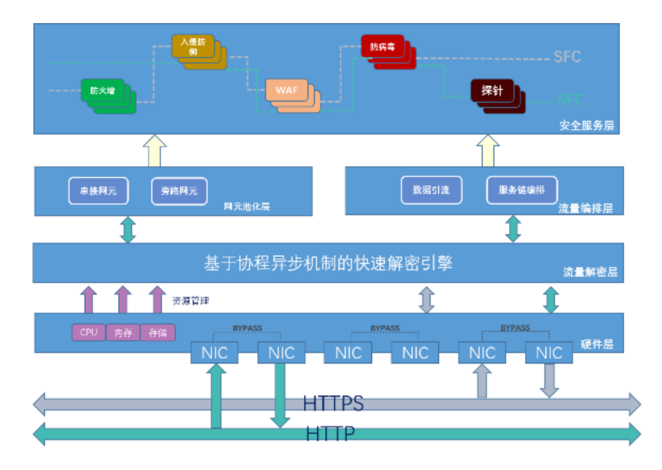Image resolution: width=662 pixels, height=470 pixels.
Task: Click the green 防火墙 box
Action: pyautogui.click(x=103, y=91)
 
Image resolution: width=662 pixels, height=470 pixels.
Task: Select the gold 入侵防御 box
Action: pyautogui.click(x=193, y=46)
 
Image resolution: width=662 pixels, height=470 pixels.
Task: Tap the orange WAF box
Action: pyautogui.click(x=287, y=91)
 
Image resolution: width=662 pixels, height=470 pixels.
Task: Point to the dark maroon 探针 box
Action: pyautogui.click(x=492, y=91)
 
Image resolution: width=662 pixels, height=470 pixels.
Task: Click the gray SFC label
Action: pyautogui.click(x=568, y=57)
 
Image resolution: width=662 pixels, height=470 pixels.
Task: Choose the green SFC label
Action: pyautogui.click(x=570, y=100)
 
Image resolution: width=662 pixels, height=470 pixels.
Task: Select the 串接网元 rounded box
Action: pyautogui.click(x=98, y=191)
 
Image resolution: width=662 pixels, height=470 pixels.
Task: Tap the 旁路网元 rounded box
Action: pyautogui.click(x=179, y=191)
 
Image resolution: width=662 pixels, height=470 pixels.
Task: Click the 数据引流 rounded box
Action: pyautogui.click(x=431, y=190)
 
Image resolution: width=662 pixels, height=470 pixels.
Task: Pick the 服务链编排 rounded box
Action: pyautogui.click(x=522, y=190)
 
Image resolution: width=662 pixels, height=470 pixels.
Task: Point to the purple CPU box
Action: pyautogui.click(x=89, y=333)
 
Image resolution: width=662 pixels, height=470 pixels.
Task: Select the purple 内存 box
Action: pyautogui.click(x=123, y=333)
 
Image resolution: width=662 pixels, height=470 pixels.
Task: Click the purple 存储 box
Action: pyautogui.click(x=158, y=333)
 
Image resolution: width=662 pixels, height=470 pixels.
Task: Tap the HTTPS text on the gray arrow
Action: pyautogui.click(x=333, y=403)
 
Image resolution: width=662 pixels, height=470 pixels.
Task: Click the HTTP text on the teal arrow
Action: pyautogui.click(x=330, y=434)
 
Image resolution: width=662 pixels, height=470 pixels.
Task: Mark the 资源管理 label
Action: pyautogui.click(x=191, y=301)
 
